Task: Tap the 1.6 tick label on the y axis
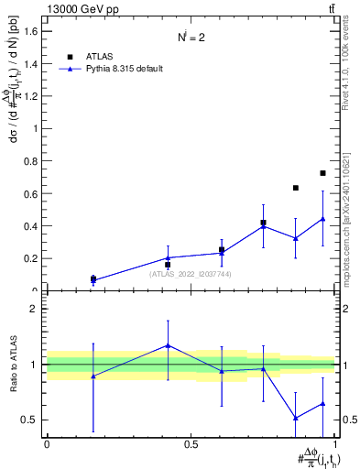pyautogui.click(x=31, y=31)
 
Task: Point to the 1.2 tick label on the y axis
pyautogui.click(x=31, y=96)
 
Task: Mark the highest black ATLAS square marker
pyautogui.click(x=322, y=173)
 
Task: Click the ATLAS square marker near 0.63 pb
pyautogui.click(x=296, y=188)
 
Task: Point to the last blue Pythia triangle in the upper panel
pyautogui.click(x=322, y=219)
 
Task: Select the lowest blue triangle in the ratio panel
pyautogui.click(x=296, y=418)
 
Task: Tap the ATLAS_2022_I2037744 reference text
pyautogui.click(x=190, y=273)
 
